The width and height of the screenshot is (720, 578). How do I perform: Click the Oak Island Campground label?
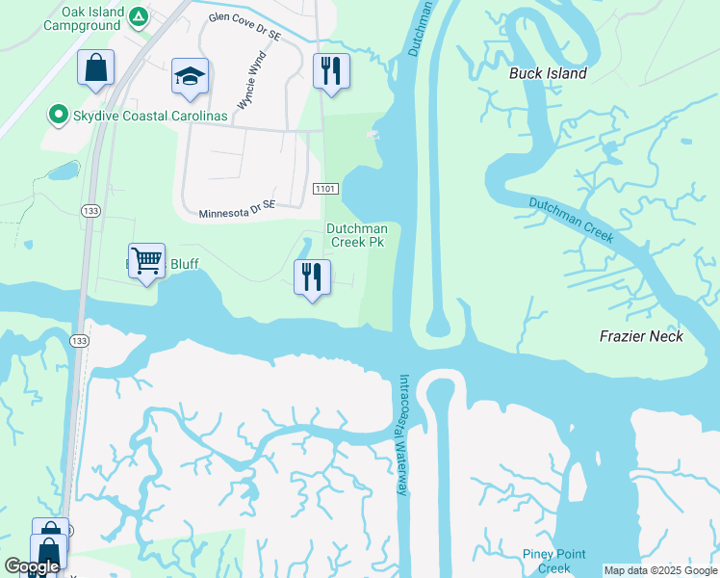pyautogui.click(x=85, y=17)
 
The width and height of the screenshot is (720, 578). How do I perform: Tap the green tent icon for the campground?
pyautogui.click(x=139, y=16)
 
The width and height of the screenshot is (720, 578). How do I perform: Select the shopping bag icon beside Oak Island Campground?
pyautogui.click(x=95, y=68)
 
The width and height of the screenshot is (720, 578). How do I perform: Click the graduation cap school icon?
pyautogui.click(x=191, y=76)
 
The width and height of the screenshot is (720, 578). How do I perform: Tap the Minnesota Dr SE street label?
pyautogui.click(x=236, y=209)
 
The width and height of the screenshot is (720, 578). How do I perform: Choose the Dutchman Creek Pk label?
pyautogui.click(x=356, y=235)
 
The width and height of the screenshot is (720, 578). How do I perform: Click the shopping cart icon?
pyautogui.click(x=146, y=260)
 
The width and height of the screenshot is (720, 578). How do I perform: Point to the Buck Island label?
pyautogui.click(x=548, y=73)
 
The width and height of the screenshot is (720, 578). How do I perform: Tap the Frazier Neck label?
pyautogui.click(x=641, y=336)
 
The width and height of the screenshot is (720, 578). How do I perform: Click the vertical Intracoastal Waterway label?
pyautogui.click(x=404, y=435)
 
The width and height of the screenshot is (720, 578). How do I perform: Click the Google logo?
pyautogui.click(x=32, y=566)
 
